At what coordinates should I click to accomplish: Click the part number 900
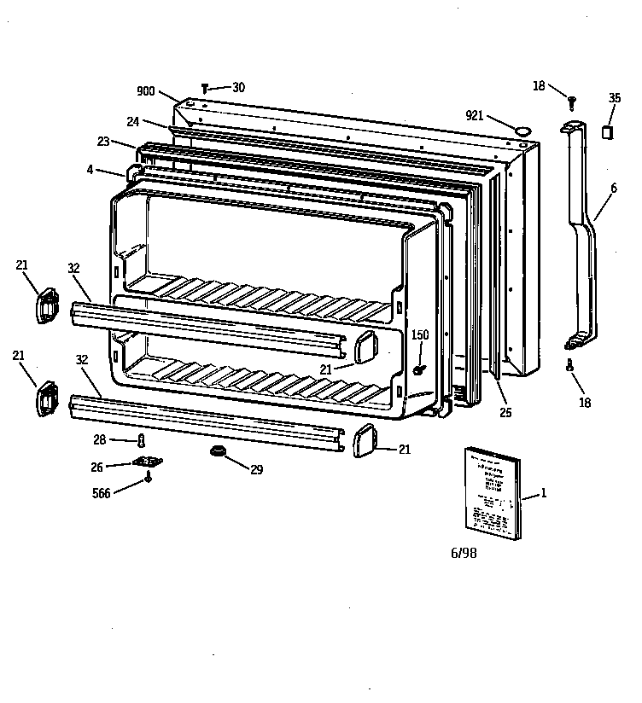tap(145, 91)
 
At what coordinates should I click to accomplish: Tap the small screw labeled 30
tap(205, 87)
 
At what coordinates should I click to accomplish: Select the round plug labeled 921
tap(522, 130)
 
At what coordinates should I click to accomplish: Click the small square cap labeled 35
tap(608, 131)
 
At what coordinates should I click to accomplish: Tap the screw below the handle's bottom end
tap(570, 364)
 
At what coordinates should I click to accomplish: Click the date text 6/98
tap(464, 554)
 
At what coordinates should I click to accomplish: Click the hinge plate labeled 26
tap(148, 463)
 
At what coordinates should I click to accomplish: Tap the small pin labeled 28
tap(142, 440)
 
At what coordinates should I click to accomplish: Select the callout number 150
tap(419, 335)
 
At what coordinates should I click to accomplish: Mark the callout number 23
tap(103, 142)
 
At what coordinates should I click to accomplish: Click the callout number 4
tap(90, 169)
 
